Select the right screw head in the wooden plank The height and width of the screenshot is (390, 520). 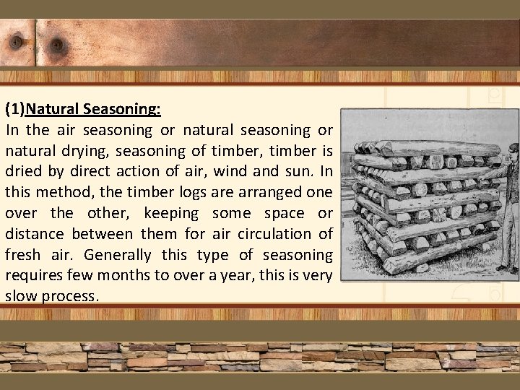(57, 46)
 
